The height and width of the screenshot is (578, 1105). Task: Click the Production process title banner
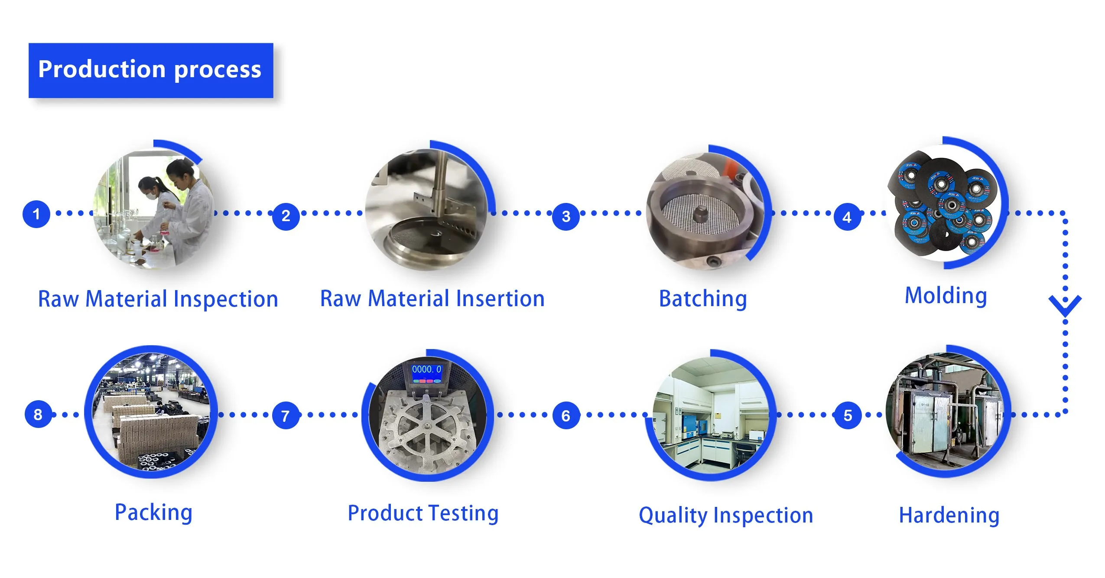(x=150, y=70)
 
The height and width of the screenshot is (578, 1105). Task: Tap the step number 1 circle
(x=36, y=214)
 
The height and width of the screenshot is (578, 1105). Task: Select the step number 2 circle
(x=286, y=216)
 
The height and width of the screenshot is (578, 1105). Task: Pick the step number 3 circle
(x=566, y=216)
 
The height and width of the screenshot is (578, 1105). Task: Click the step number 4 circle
(x=847, y=217)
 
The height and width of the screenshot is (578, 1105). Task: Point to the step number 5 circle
(x=848, y=415)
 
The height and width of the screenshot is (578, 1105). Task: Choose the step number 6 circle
(x=566, y=416)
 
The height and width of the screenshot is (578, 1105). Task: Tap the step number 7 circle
(x=286, y=416)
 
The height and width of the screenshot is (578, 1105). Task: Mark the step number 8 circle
(x=38, y=415)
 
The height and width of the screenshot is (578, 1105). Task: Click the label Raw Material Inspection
(x=158, y=299)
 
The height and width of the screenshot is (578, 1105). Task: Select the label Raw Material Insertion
(x=432, y=298)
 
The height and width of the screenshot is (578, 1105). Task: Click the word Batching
(x=703, y=298)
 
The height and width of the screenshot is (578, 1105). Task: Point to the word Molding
(x=946, y=296)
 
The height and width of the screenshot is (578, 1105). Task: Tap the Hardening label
(x=949, y=515)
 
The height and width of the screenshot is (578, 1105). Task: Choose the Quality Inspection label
(x=726, y=515)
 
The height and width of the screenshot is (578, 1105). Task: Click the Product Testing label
(x=423, y=513)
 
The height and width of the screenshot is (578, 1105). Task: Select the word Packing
(x=153, y=512)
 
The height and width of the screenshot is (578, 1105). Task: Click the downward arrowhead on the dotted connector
(x=1065, y=306)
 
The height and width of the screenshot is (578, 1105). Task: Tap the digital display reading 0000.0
(x=426, y=369)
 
